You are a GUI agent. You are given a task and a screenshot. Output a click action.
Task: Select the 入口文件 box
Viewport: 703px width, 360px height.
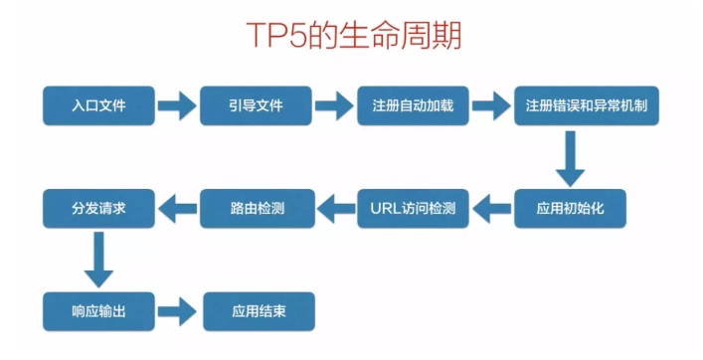98,105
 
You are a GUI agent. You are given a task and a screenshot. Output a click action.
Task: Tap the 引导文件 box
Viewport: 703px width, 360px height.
256,105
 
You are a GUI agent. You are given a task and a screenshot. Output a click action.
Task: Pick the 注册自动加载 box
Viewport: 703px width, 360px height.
413,105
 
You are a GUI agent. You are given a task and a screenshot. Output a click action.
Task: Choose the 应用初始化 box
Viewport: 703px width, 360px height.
570,209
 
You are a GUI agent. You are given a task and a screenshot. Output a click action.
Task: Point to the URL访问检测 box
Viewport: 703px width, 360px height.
413,209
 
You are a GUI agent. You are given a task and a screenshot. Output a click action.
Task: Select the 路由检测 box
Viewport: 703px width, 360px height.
256,209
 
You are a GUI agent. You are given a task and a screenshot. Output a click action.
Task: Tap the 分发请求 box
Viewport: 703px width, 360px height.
98,209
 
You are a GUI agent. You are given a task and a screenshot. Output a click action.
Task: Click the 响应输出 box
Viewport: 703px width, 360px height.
98,311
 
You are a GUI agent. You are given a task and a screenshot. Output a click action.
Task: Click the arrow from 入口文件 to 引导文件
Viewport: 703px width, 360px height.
177,105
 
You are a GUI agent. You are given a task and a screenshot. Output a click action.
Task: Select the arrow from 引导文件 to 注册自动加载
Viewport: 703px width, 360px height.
334,105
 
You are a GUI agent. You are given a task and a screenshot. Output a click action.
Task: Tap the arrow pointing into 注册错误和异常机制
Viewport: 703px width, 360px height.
491,105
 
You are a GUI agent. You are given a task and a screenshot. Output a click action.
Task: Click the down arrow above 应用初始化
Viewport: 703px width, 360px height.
570,157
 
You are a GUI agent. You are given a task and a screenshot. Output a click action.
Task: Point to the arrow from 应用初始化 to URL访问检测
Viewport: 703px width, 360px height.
491,209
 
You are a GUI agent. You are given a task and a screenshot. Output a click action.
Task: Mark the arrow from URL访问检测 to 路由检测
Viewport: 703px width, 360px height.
334,209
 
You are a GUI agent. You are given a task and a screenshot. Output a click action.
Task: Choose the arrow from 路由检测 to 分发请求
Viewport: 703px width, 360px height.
177,209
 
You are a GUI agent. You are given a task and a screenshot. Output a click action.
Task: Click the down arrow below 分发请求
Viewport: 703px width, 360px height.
98,260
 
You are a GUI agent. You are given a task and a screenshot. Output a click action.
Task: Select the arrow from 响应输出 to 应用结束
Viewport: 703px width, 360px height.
177,311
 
